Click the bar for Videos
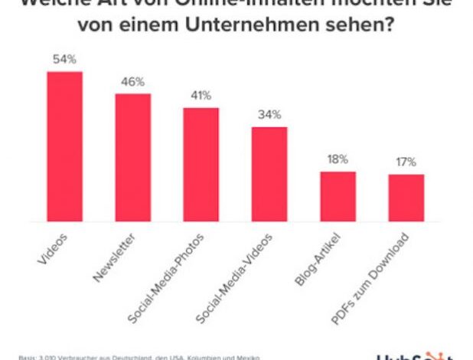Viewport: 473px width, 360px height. pos(65,146)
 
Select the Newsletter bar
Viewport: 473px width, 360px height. pos(132,158)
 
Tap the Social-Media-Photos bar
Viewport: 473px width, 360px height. pos(201,165)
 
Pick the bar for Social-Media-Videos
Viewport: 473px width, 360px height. pos(269,174)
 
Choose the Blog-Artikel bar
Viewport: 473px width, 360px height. pos(338,196)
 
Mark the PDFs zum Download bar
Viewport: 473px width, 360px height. pos(406,198)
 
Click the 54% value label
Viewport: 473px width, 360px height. pos(64,59)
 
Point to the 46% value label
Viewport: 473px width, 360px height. pos(132,81)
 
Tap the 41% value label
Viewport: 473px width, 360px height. pos(201,95)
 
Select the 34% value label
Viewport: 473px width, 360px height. pos(269,114)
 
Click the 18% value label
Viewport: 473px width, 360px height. pos(338,159)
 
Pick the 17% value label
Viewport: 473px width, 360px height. pos(406,162)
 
